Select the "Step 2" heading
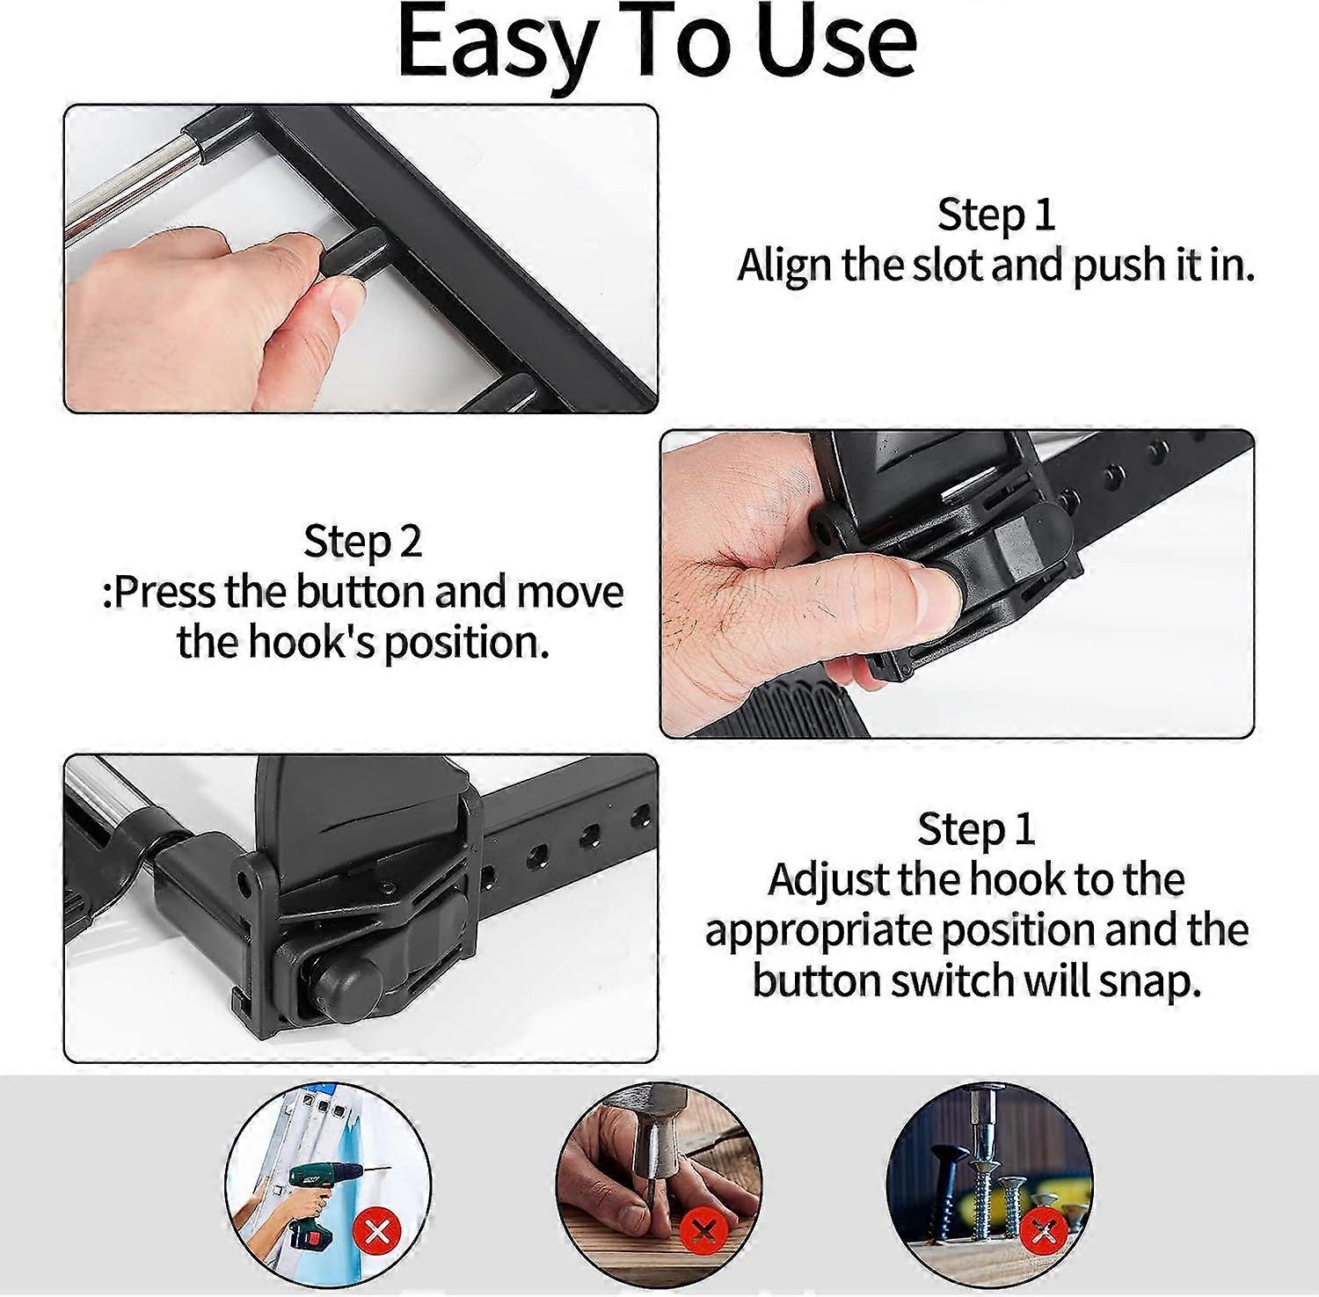[x=362, y=541]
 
